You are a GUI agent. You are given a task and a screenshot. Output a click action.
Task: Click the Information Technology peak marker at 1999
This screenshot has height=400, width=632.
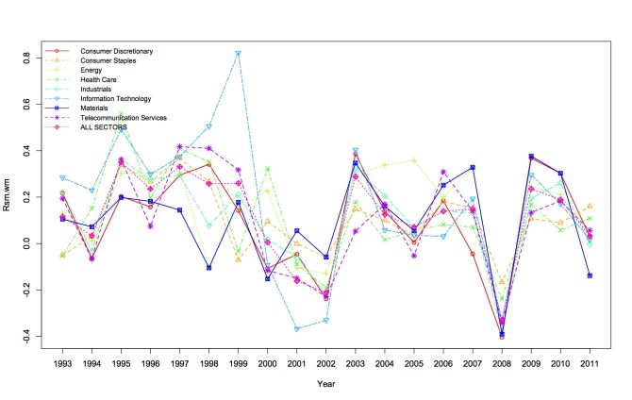tap(239, 53)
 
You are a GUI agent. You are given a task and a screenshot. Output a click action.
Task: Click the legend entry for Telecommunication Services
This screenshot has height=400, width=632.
tap(124, 117)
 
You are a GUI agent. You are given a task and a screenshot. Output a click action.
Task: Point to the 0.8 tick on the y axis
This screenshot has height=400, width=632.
tap(27, 58)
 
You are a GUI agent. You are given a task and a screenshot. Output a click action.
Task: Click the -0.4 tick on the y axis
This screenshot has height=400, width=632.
tap(27, 336)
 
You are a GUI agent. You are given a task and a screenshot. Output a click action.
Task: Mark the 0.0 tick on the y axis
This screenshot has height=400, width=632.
tap(27, 243)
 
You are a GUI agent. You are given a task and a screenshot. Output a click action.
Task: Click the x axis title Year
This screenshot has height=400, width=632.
tap(325, 384)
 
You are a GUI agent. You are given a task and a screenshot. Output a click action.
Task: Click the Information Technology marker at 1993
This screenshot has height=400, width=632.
tap(62, 177)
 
